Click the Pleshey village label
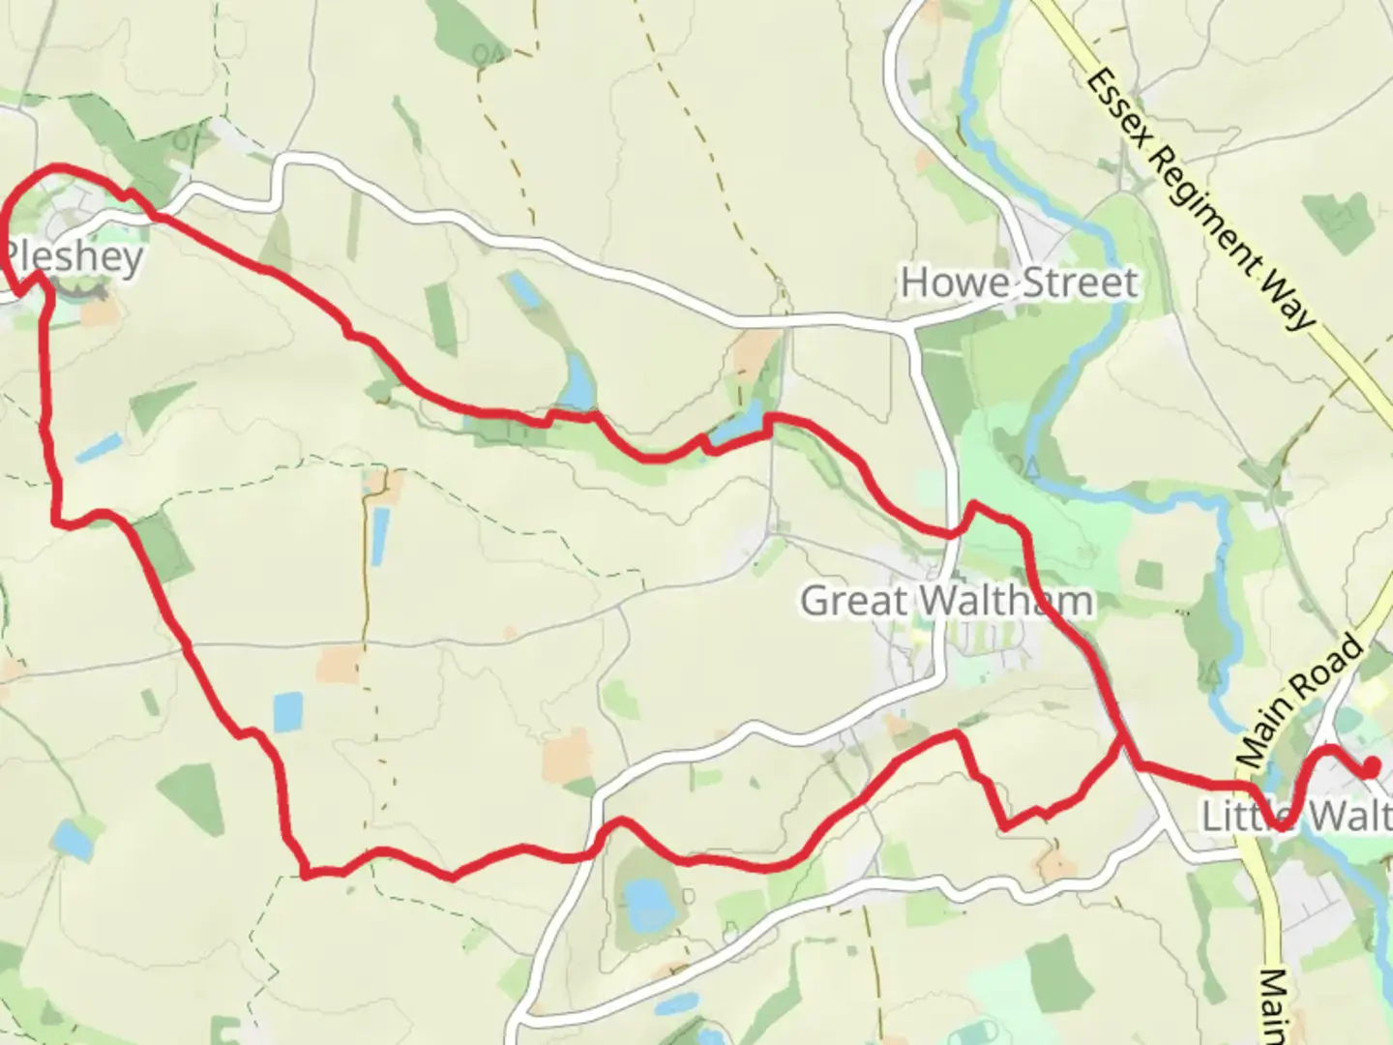click(x=75, y=257)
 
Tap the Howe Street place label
click(x=1020, y=283)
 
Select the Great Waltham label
click(x=946, y=601)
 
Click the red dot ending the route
click(x=1371, y=768)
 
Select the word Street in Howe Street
click(x=1081, y=283)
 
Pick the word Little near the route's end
click(x=1243, y=816)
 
